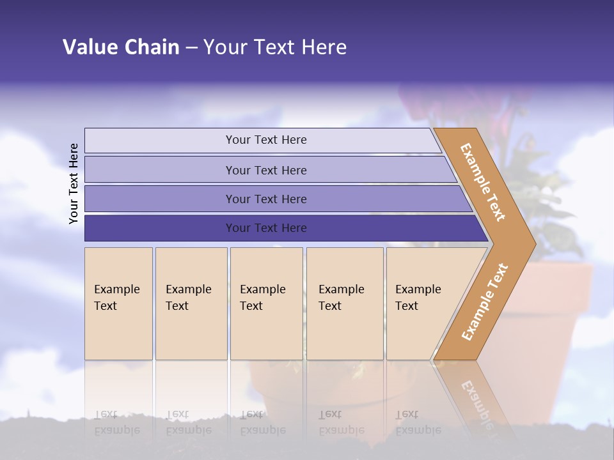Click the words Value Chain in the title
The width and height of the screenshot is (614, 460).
[121, 47]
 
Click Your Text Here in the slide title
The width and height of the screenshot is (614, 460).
[275, 47]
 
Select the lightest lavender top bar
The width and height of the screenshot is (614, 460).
[265, 140]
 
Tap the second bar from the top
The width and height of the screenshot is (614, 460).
[265, 170]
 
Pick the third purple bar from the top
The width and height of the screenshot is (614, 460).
[265, 199]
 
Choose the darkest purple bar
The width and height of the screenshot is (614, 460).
[265, 228]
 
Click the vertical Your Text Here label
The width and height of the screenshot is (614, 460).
[74, 183]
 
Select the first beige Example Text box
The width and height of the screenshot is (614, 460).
[118, 303]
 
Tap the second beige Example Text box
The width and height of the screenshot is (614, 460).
[191, 303]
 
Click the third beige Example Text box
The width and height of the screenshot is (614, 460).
[266, 303]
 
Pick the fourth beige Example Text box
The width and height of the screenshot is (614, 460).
[345, 303]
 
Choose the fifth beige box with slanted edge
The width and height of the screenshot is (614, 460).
[422, 303]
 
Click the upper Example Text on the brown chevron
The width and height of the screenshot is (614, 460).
[483, 182]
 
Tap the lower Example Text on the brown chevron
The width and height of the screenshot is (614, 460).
[485, 302]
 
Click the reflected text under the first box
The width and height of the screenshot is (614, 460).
[117, 422]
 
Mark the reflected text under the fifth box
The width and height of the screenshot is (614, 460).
[418, 422]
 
